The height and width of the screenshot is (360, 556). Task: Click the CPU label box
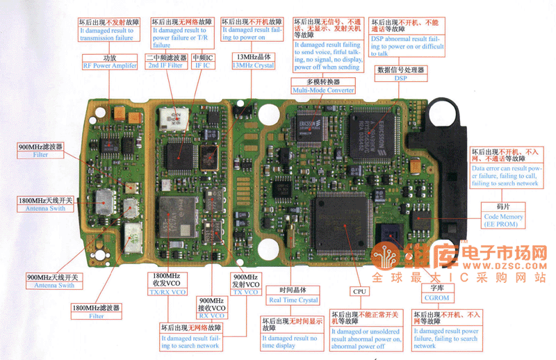tap(359, 292)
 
